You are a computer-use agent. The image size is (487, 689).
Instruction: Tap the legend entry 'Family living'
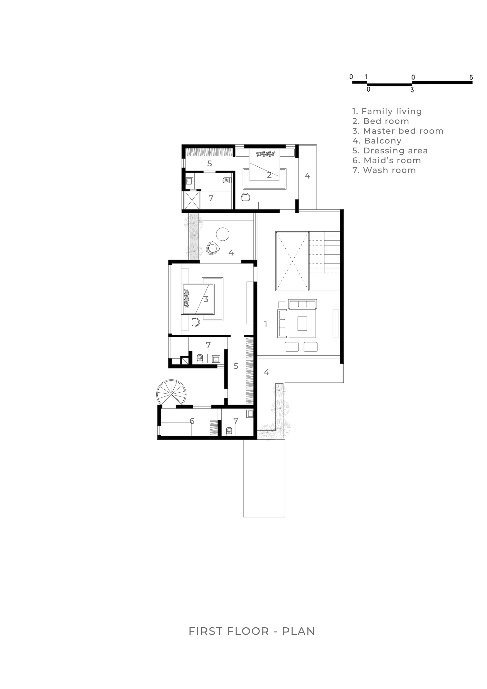click(387, 111)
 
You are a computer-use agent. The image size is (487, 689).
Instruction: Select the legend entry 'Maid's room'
click(386, 160)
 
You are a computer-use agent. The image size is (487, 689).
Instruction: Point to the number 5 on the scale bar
click(471, 77)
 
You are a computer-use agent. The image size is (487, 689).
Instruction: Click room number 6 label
click(192, 421)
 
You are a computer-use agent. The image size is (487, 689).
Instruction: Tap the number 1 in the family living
click(266, 324)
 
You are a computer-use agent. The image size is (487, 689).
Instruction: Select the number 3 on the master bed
click(206, 299)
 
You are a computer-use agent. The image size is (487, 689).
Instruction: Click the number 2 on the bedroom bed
click(269, 175)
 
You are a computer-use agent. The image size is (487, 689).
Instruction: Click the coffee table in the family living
click(302, 323)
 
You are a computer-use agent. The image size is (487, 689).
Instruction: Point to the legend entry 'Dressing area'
click(390, 151)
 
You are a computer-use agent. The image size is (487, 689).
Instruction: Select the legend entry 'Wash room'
click(384, 170)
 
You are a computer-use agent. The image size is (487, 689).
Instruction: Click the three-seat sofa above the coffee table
click(302, 304)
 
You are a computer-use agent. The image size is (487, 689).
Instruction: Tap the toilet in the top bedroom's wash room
click(226, 180)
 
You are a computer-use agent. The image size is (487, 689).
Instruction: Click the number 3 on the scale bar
click(412, 90)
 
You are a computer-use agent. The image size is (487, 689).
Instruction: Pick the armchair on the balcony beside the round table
click(213, 248)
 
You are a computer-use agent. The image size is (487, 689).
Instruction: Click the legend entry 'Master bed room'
click(398, 131)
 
